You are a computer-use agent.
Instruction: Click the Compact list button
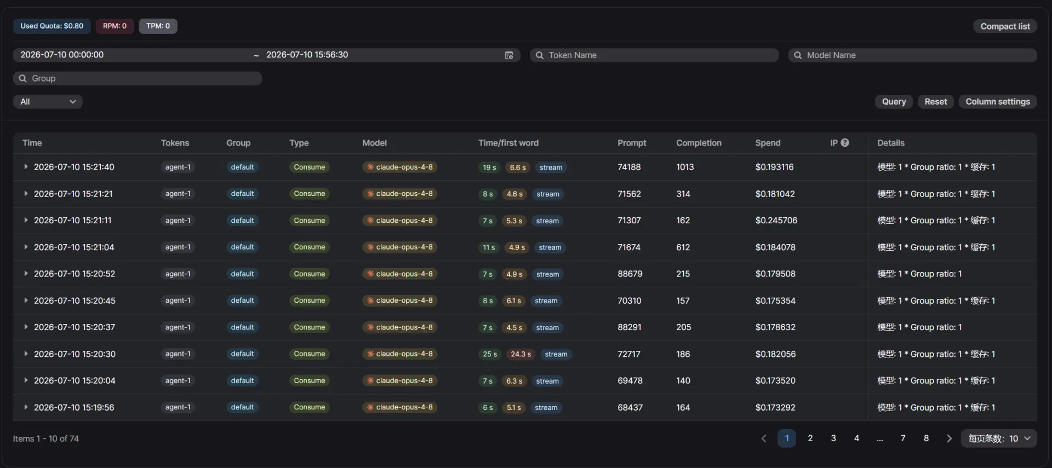(x=1005, y=26)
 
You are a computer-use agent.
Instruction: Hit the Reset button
(x=935, y=102)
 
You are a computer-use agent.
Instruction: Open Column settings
(x=997, y=102)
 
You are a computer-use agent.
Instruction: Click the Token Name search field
(x=654, y=55)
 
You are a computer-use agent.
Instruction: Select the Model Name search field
(x=912, y=55)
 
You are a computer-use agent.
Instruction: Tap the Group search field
(x=138, y=78)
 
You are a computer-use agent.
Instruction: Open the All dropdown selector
(x=48, y=102)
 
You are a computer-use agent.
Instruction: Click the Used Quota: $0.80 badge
(x=52, y=26)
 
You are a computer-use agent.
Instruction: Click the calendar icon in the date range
(x=509, y=55)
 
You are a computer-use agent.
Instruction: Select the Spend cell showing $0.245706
(x=776, y=221)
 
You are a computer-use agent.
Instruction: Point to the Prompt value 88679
(x=630, y=274)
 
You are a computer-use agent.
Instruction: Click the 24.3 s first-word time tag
(x=521, y=354)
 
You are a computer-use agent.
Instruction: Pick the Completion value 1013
(x=685, y=167)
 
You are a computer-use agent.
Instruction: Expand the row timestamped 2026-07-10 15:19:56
(x=26, y=407)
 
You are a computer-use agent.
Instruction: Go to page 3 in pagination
(x=833, y=438)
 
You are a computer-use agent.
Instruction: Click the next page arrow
(x=950, y=438)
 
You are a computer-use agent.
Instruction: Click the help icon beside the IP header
(x=845, y=143)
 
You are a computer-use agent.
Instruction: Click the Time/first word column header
(x=508, y=143)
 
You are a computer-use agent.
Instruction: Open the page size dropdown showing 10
(x=999, y=438)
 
